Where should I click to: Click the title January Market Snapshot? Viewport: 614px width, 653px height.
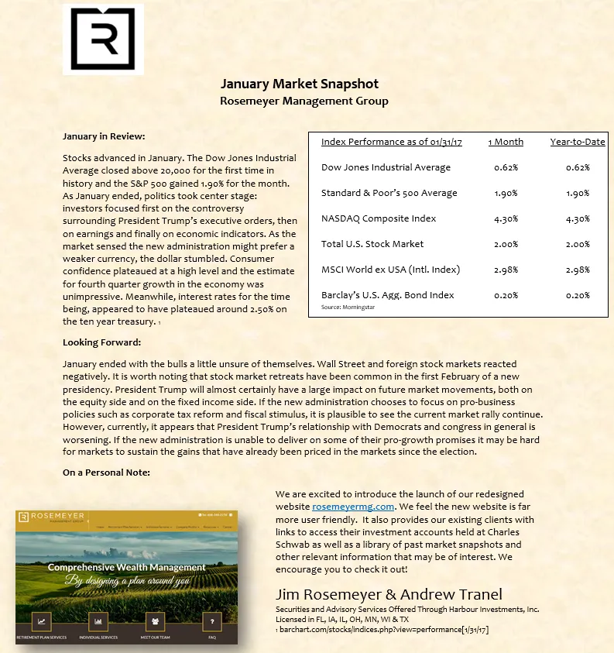[300, 84]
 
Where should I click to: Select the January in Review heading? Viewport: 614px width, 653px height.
[104, 136]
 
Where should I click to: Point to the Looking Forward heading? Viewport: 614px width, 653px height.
[102, 342]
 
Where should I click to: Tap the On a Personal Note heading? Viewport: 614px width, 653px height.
[106, 473]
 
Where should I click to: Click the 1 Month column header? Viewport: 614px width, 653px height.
[506, 142]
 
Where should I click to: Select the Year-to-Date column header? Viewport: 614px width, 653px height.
[577, 142]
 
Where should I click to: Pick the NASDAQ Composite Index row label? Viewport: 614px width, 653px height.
[379, 218]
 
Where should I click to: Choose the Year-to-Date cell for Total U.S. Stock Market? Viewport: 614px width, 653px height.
[577, 244]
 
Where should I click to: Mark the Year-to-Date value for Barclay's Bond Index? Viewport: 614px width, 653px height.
[577, 295]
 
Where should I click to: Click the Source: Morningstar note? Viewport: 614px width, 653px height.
[342, 308]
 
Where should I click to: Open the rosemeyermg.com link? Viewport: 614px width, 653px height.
[348, 507]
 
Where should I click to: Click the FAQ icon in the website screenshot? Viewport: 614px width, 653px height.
[211, 621]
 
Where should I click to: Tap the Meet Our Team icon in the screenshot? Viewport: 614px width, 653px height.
[155, 621]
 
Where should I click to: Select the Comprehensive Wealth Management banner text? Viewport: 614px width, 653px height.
[126, 568]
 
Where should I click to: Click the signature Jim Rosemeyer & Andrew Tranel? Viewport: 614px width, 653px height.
[389, 595]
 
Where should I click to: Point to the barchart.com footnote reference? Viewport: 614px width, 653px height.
[383, 630]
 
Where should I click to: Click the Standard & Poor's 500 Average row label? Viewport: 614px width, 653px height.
[389, 193]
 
